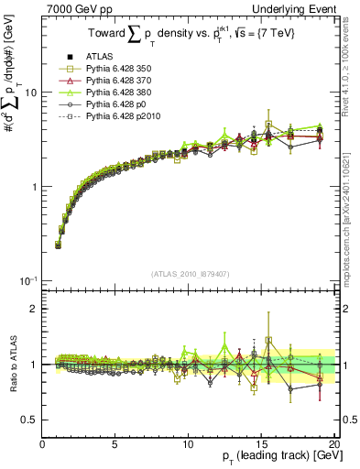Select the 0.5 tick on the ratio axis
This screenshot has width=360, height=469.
(x=31, y=420)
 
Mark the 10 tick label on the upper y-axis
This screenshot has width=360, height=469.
(x=30, y=93)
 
